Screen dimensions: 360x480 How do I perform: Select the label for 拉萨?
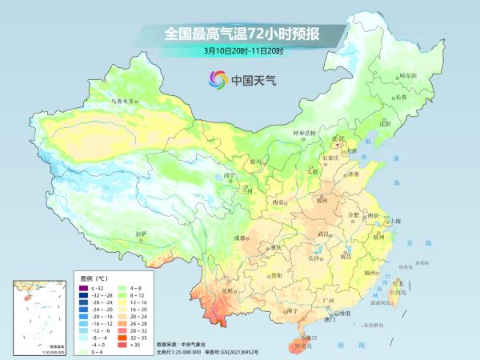click(142, 234)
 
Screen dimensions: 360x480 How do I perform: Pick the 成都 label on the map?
click(240, 238)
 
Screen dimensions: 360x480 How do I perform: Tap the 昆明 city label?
click(230, 291)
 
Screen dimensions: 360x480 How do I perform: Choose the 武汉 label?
click(323, 234)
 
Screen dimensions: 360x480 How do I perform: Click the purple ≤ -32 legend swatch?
click(82, 286)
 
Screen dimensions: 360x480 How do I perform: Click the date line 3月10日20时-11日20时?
click(240, 50)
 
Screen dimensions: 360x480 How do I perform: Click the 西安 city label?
click(278, 203)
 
